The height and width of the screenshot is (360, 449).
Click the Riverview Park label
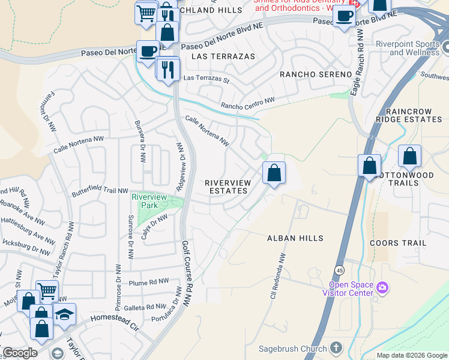pos(149,201)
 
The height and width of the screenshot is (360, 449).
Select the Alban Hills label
pos(295,238)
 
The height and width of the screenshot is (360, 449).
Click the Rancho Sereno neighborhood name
pos(316,74)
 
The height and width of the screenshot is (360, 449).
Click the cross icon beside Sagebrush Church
pos(336,348)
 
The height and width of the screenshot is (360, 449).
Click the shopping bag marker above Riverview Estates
pos(274,173)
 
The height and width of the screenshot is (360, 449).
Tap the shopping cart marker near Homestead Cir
pos(47,292)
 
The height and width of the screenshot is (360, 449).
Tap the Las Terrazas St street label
pos(206,79)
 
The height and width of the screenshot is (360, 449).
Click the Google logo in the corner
pos(20,353)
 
